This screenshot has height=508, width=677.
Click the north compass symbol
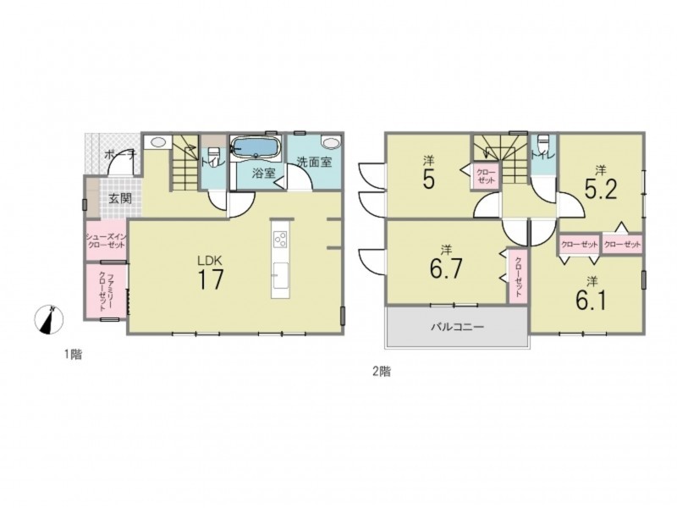49,320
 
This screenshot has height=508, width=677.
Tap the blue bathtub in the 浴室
256,146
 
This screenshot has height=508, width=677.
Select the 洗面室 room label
314,162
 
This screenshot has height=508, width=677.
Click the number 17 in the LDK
211,279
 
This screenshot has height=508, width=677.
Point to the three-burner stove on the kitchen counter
281,239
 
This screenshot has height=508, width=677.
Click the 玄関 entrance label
120,199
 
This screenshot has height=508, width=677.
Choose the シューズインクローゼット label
106,240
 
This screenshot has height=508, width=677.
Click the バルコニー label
457,327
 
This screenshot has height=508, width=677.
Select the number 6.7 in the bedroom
447,268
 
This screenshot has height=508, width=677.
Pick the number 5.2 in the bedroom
601,189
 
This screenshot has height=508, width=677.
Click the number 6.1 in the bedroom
591,301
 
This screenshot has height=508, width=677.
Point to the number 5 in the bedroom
429,180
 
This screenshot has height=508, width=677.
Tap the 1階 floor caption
74,355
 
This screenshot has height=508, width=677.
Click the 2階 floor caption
383,372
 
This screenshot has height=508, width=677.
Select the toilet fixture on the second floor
542,143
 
